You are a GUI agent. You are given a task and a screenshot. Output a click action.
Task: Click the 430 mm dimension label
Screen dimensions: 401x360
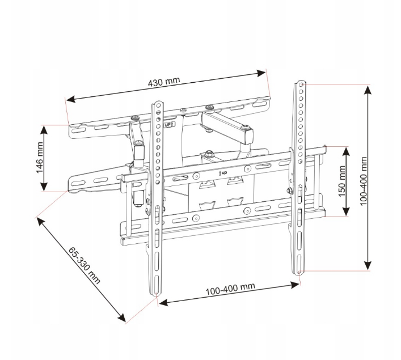(x=164, y=82)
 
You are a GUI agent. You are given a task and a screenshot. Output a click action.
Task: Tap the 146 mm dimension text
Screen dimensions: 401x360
(x=40, y=158)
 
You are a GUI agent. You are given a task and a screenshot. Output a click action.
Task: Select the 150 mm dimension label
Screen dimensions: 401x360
(x=342, y=181)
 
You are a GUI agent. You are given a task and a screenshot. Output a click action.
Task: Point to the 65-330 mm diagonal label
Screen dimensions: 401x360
(x=84, y=266)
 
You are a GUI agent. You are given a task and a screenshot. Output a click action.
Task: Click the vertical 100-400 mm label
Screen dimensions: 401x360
(x=364, y=181)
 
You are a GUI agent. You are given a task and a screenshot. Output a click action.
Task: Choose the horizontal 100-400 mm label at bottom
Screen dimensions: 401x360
(x=230, y=289)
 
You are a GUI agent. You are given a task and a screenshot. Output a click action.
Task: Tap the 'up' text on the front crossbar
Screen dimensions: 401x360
(x=223, y=173)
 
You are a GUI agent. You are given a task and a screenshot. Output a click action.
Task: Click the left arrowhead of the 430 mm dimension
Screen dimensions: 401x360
(x=70, y=99)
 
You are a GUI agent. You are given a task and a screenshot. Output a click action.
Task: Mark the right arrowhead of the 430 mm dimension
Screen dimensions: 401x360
(x=261, y=73)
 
